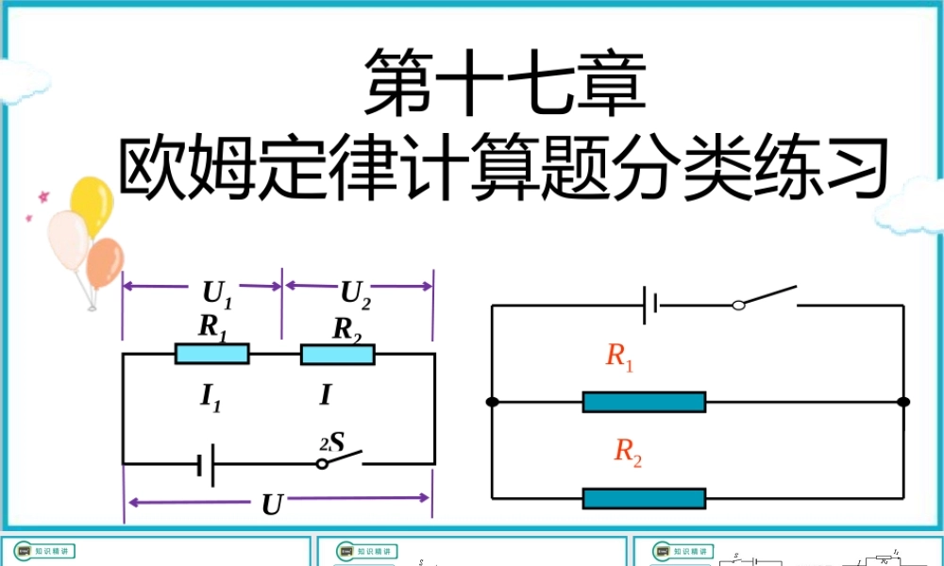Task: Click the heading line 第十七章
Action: [506, 81]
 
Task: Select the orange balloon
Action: [104, 263]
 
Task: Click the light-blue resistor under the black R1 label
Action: [212, 354]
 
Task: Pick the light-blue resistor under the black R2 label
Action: [337, 354]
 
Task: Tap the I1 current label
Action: [210, 396]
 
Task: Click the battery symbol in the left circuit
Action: [207, 464]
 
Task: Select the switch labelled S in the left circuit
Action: [341, 460]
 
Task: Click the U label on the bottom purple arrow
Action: [272, 506]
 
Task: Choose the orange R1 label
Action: [619, 357]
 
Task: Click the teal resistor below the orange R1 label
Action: [644, 402]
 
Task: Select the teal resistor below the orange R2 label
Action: [644, 498]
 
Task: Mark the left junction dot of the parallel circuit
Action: [492, 402]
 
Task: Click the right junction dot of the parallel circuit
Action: [903, 402]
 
